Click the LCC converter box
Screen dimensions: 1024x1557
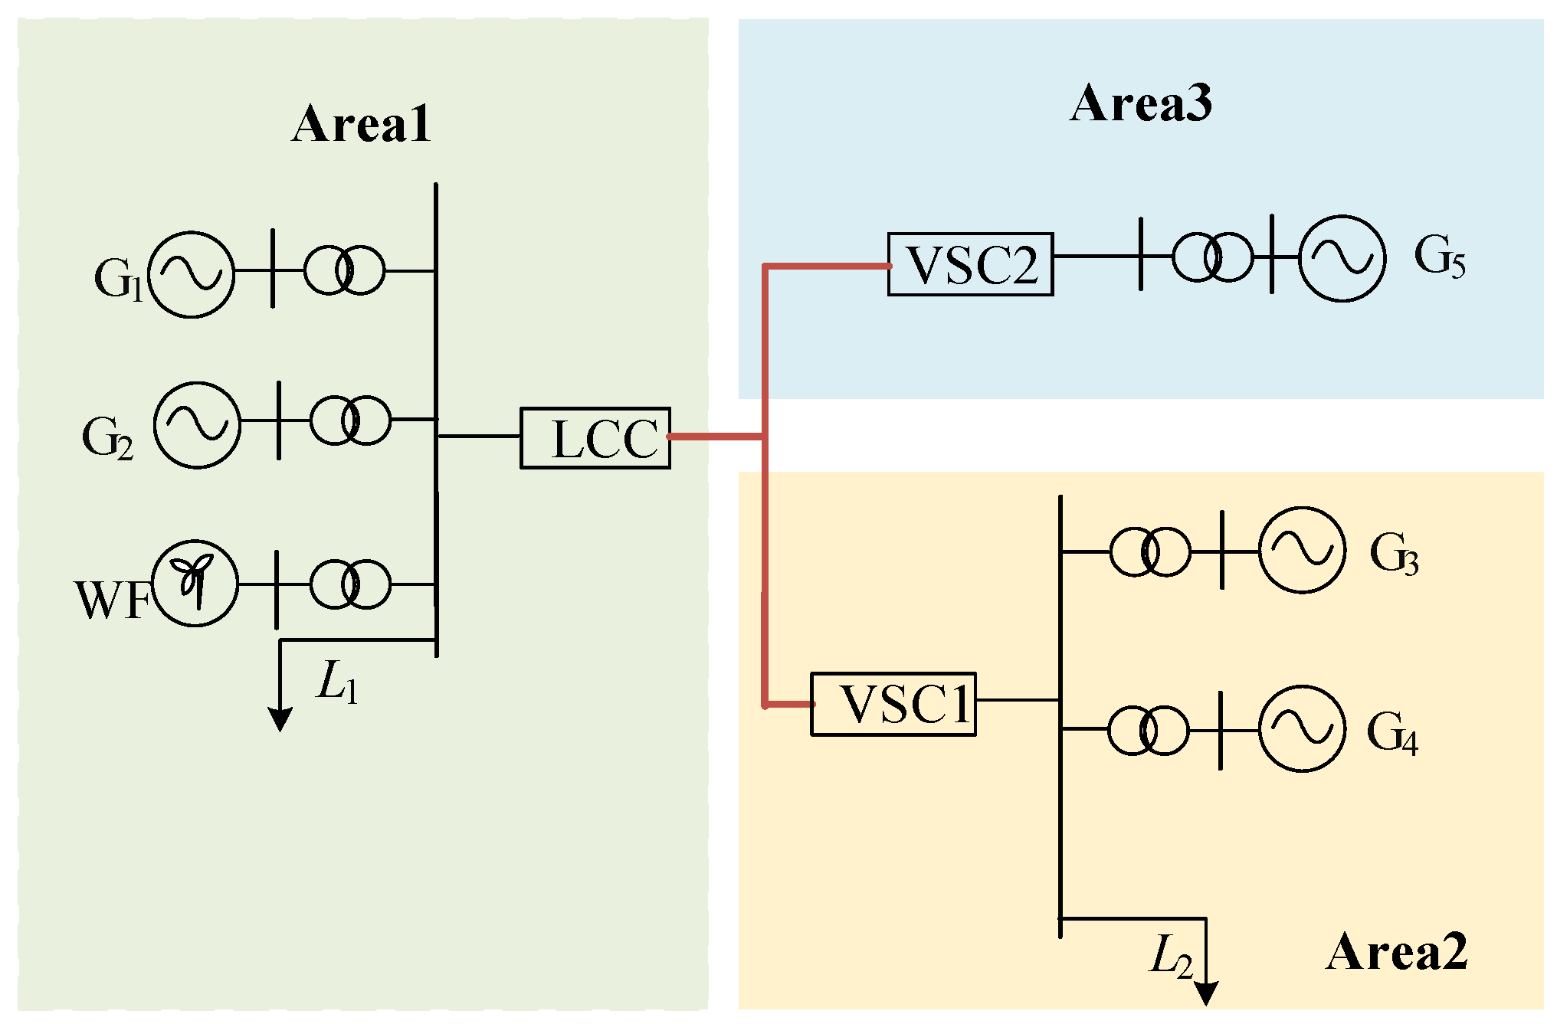point(595,438)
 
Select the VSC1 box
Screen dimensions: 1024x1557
point(893,704)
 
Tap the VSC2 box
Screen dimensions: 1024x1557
point(970,264)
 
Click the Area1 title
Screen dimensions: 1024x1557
point(362,124)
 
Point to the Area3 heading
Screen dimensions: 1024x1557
point(1141,103)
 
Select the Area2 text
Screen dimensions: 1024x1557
point(1396,952)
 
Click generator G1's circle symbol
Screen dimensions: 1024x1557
point(191,274)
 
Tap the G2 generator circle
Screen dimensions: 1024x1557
point(197,424)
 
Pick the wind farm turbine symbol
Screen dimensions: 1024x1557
point(195,584)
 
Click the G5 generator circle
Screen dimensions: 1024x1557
point(1342,259)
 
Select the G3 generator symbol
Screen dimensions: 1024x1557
point(1302,550)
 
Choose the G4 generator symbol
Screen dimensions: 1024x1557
point(1302,728)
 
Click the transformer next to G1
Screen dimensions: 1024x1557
point(344,270)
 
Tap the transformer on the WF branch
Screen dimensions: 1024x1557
point(351,584)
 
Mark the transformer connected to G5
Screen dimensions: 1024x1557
point(1213,257)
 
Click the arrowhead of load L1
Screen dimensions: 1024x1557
point(280,719)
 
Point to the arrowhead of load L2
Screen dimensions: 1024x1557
point(1206,993)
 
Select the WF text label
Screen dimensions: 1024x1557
point(112,600)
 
